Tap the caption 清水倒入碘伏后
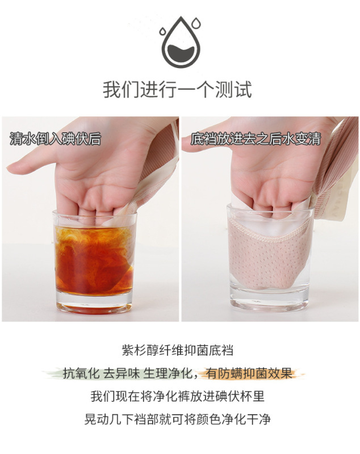[55, 138]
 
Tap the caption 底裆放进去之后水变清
[256, 138]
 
